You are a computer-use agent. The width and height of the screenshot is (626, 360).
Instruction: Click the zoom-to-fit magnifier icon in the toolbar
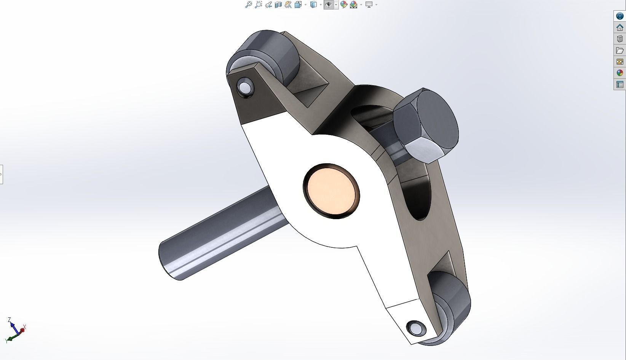[x=248, y=5]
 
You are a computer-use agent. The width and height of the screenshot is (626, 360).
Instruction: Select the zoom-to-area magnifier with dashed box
[x=258, y=5]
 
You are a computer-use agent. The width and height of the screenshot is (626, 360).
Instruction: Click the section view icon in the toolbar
[x=278, y=5]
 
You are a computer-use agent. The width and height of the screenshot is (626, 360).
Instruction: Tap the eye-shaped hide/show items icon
[x=328, y=5]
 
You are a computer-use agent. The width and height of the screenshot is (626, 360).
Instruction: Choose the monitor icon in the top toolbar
[x=369, y=5]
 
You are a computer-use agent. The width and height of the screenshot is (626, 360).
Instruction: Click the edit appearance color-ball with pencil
[x=343, y=5]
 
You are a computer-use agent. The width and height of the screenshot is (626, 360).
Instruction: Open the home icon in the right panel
[x=620, y=27]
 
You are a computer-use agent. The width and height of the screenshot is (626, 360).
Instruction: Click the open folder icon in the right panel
[x=620, y=50]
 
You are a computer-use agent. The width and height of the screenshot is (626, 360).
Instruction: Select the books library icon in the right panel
[x=620, y=39]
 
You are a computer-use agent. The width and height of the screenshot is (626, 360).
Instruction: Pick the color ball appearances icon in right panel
[x=620, y=73]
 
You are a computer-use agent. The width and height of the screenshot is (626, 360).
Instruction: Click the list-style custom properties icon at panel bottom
[x=620, y=84]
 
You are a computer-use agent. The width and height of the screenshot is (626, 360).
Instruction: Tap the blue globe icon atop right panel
[x=620, y=16]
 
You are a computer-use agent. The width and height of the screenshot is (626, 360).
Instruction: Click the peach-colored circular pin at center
[x=331, y=191]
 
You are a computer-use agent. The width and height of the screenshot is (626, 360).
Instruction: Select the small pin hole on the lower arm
[x=415, y=328]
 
